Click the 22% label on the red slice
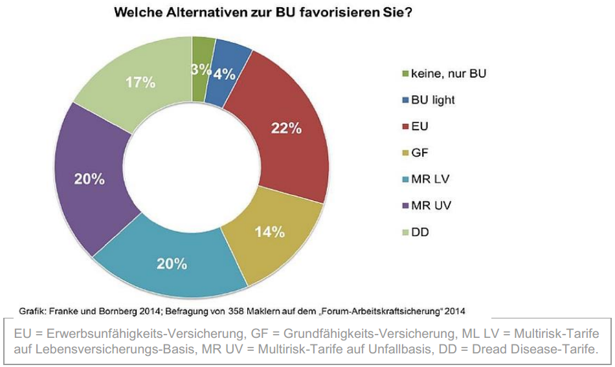(286, 128)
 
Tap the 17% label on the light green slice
(140, 83)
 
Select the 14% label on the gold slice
(270, 232)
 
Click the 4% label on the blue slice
(224, 74)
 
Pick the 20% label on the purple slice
(89, 179)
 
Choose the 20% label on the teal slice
(172, 263)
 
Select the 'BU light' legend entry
(432, 100)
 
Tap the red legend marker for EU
(406, 126)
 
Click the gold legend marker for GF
(406, 153)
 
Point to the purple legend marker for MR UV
(406, 206)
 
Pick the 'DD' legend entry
(419, 232)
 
